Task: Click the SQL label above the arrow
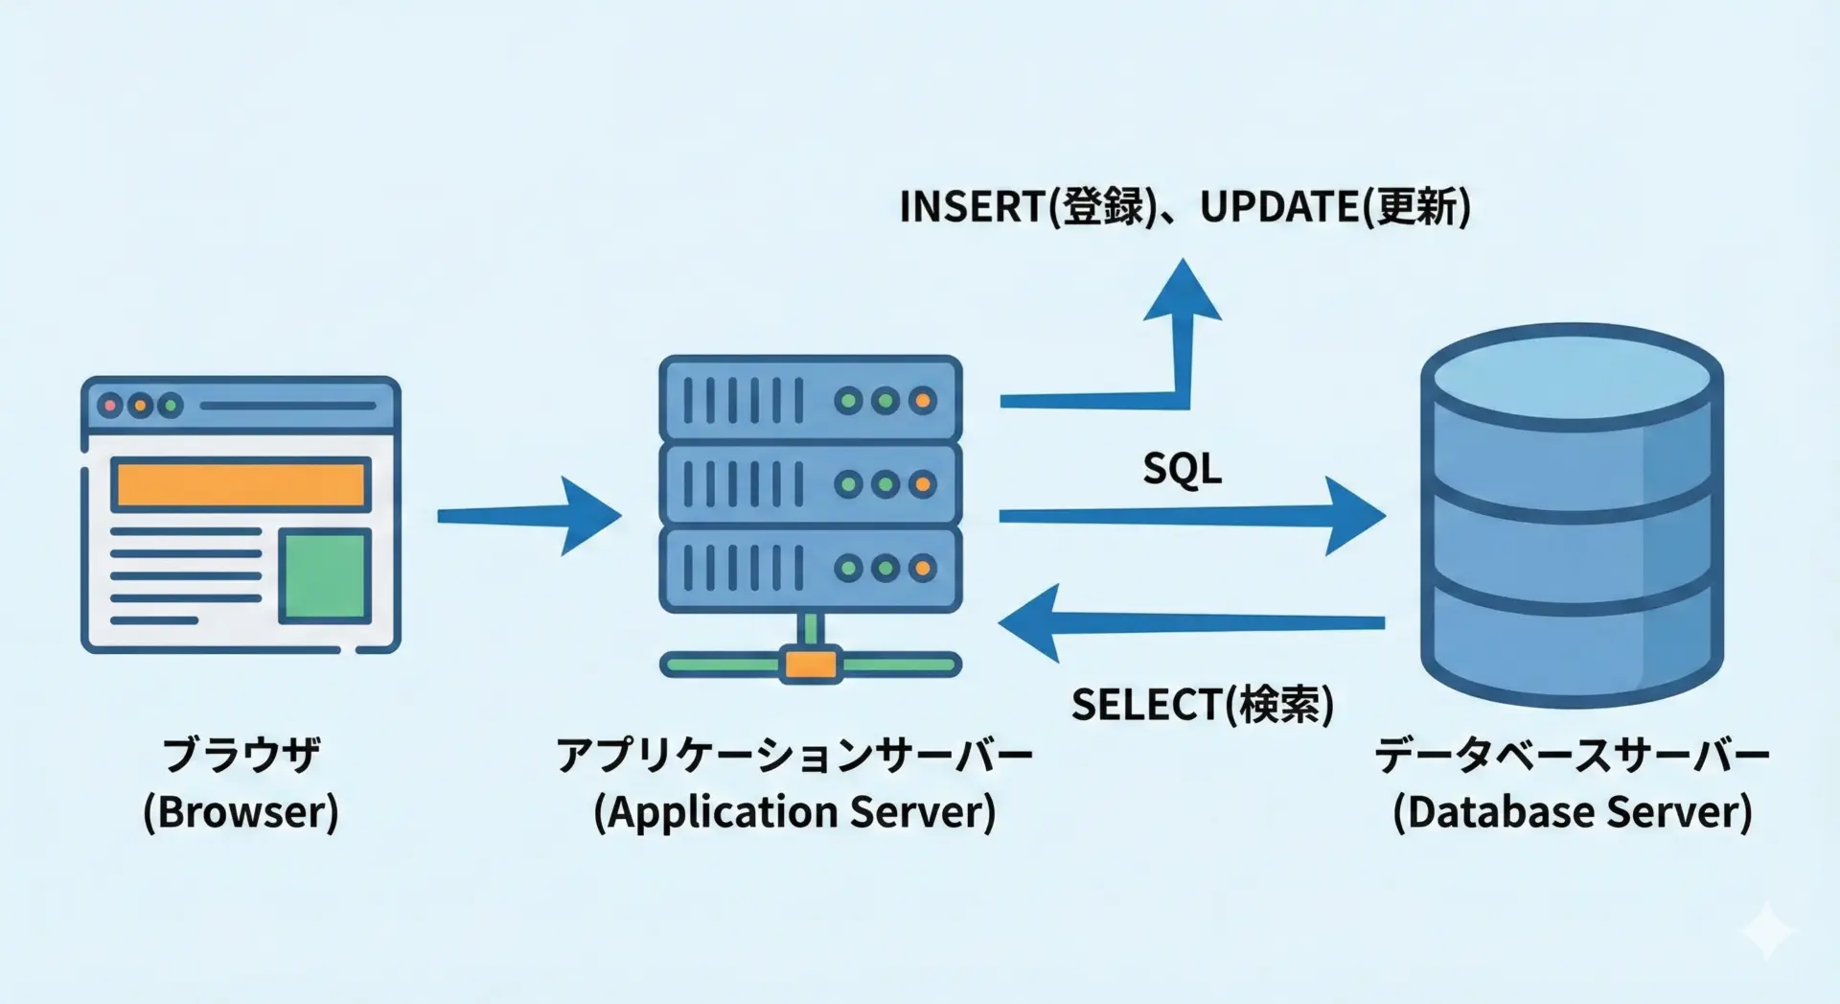coord(1182,469)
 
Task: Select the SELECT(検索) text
coord(1202,705)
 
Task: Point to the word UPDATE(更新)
coord(1335,206)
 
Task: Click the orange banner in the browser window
coord(241,484)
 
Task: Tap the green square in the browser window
coord(325,575)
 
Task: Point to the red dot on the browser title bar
coord(110,406)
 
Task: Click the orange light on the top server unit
coord(922,401)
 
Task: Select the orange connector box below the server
coord(810,664)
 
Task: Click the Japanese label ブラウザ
coord(241,755)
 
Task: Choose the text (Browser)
coord(241,811)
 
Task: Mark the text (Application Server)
coord(794,811)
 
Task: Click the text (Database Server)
coord(1572,811)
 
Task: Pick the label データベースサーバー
coord(1572,755)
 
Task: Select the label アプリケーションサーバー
coord(794,755)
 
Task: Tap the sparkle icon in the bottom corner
coord(1768,929)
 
